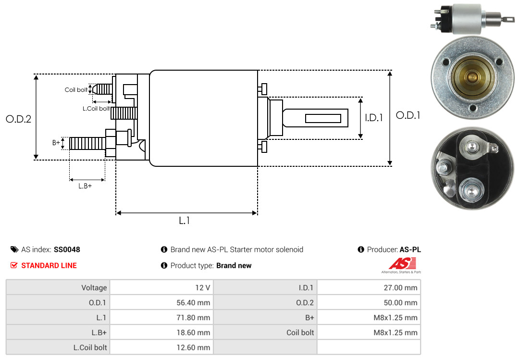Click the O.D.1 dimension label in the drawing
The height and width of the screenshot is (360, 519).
click(x=408, y=115)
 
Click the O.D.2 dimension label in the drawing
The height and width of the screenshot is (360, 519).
click(x=18, y=119)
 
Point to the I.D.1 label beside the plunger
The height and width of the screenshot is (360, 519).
click(x=373, y=117)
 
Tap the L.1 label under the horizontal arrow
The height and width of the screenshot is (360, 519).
click(x=185, y=221)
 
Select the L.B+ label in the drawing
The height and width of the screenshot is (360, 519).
click(x=85, y=186)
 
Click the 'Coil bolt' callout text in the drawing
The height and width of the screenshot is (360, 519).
click(x=76, y=90)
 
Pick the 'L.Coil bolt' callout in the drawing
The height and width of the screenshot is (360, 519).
click(x=96, y=109)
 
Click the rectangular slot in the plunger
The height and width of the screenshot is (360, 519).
click(x=323, y=118)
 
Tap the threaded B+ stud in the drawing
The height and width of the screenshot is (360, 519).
click(x=87, y=143)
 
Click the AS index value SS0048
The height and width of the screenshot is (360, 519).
click(x=67, y=249)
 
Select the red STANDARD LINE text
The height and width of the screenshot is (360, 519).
click(x=49, y=265)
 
